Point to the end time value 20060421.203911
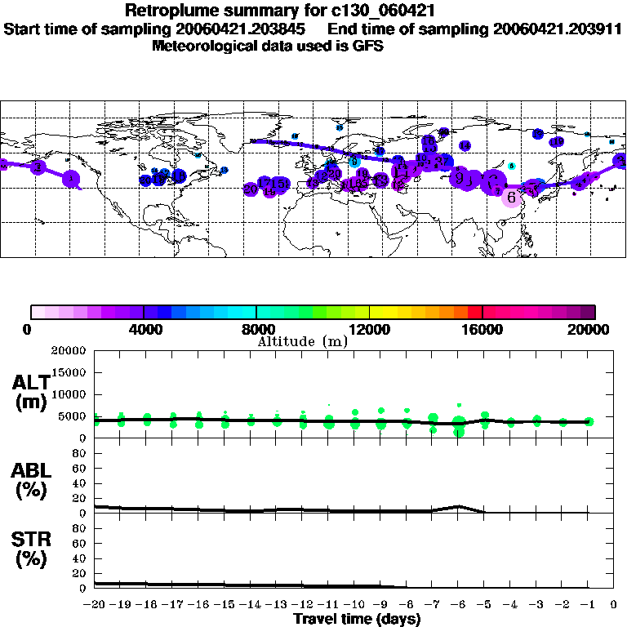[558, 29]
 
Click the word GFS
[367, 46]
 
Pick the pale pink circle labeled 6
[511, 197]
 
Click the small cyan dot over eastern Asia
[512, 166]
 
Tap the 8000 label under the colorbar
[256, 330]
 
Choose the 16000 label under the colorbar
[482, 330]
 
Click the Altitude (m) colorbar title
[302, 340]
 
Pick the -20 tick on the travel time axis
[95, 605]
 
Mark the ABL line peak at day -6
[460, 506]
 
